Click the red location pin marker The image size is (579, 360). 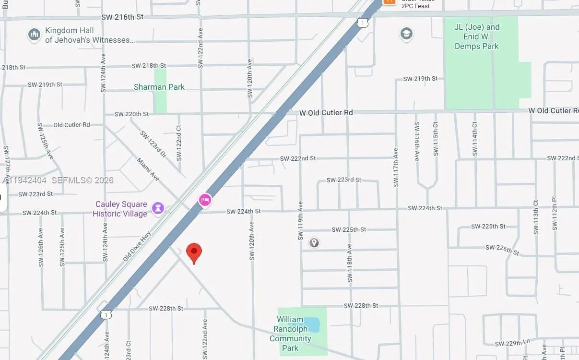pos(194,252)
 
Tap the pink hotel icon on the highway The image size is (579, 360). pos(205,200)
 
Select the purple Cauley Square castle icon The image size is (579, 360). pos(158,208)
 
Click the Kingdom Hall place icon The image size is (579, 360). pos(34,35)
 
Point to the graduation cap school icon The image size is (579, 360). pos(406,34)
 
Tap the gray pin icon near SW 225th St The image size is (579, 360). pos(314,243)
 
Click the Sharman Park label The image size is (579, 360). pos(159,87)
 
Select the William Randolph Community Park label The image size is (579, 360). pos(290,334)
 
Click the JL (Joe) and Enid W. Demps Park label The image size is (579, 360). pos(477,36)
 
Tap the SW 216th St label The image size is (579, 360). pos(122,17)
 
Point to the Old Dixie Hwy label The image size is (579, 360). pos(137,246)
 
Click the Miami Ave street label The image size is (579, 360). pos(148,169)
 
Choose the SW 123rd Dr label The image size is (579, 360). pos(153,144)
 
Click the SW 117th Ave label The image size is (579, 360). pos(396,167)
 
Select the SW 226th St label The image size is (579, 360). pos(502,250)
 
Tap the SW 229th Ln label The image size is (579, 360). pos(513,343)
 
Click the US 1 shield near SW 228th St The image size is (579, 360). pos(106,314)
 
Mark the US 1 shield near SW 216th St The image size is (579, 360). pos(363,23)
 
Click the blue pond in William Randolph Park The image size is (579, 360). pos(312,325)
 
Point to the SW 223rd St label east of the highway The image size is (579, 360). pos(343,180)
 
